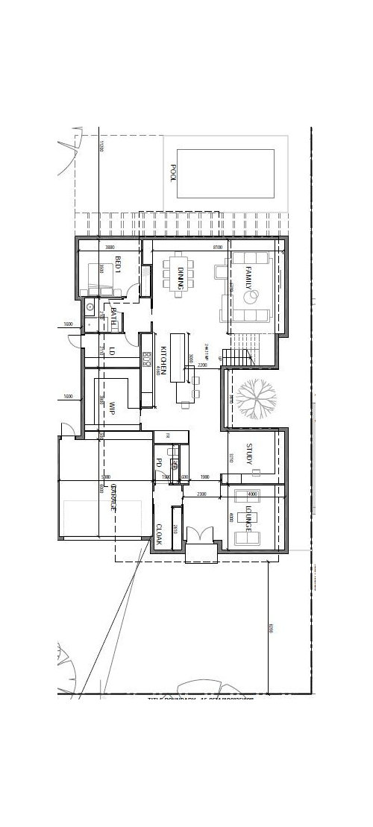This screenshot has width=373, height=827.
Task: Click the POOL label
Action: coord(174,172)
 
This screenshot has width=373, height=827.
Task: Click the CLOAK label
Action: coord(159,534)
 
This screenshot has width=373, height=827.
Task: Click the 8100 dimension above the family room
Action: coord(217,246)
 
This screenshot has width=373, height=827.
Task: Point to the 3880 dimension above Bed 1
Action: coord(110,246)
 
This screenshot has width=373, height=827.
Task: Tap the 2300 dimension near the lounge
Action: coord(201,494)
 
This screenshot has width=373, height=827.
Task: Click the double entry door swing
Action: coord(198,536)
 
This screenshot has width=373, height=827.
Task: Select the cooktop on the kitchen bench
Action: coord(147,359)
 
